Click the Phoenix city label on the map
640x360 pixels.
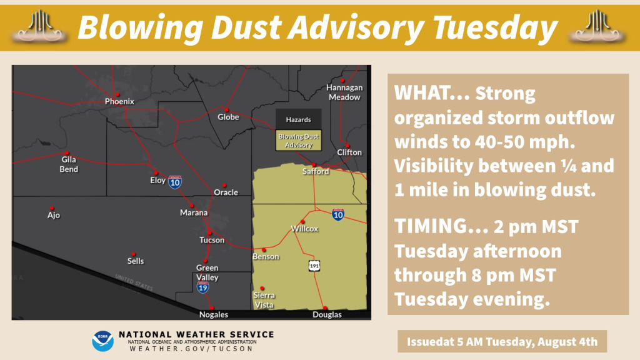pos(119,102)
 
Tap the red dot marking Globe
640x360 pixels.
pos(226,110)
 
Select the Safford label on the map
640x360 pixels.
pos(316,171)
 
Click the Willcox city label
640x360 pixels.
pos(304,229)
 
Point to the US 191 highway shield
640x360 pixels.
pos(314,266)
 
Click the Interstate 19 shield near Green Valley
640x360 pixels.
pos(203,287)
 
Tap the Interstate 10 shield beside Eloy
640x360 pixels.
pos(175,182)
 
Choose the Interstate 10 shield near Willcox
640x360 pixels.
pos(338,214)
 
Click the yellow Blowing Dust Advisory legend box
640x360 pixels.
pos(298,141)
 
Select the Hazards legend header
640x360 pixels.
pos(298,119)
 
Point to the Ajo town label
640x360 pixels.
pos(54,216)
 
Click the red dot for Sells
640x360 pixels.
pos(134,254)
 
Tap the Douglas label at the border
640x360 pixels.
pos(327,315)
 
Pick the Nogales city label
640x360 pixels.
pos(214,315)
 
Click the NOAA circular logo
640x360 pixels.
pos(102,341)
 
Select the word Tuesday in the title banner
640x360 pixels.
pos(495,27)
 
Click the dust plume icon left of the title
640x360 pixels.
pos(39,27)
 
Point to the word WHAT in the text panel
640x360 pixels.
pos(421,94)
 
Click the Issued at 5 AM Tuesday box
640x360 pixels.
pos(502,342)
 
